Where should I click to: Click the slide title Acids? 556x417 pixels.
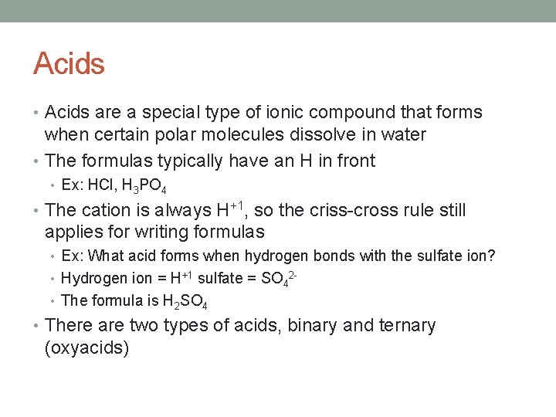[69, 63]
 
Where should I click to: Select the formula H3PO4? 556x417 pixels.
[144, 187]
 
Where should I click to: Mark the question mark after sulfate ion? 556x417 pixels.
[491, 256]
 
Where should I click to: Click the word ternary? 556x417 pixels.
[409, 327]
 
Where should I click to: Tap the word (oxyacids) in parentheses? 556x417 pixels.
[86, 348]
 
